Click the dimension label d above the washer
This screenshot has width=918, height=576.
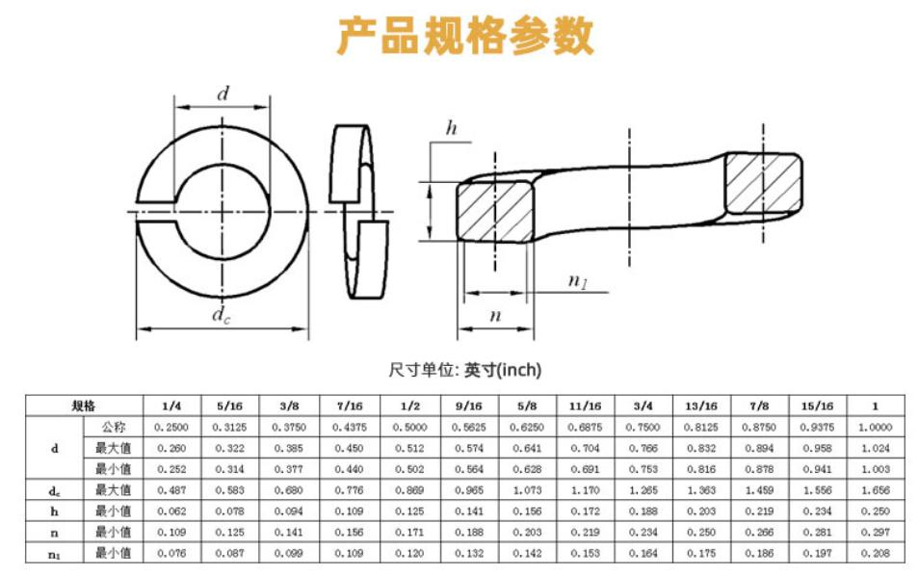coord(223,93)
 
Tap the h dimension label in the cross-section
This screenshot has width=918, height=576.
coord(451,128)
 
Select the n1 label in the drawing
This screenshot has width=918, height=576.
coord(578,281)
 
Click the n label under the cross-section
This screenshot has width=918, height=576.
coord(495,315)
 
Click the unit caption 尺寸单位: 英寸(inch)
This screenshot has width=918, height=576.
coord(465,370)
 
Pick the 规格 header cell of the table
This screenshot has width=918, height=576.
coord(84,406)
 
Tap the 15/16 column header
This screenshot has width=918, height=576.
coord(817,406)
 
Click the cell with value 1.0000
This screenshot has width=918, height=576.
coord(876,427)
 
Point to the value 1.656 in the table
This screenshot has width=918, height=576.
coord(876,490)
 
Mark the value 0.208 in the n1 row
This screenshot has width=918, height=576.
coord(876,553)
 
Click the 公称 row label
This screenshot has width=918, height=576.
coord(114,427)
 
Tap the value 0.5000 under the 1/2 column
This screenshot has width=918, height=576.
coord(410,427)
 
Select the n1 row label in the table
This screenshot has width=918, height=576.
coord(54,553)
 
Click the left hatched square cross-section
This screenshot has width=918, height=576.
coord(493,212)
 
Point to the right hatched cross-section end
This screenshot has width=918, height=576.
coord(762,185)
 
